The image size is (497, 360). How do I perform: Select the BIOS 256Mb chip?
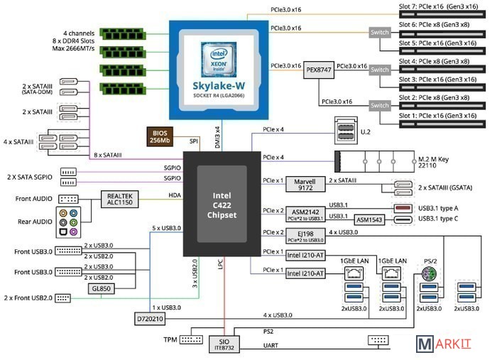[159, 136]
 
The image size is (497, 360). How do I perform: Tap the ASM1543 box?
[369, 220]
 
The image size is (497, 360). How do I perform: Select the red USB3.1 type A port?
[402, 208]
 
